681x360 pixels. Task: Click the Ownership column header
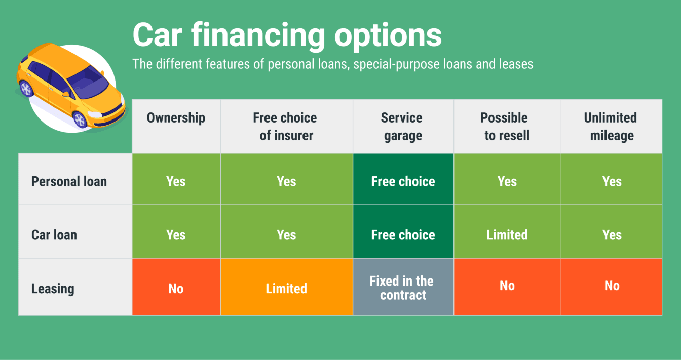point(176,118)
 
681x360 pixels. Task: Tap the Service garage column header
point(403,127)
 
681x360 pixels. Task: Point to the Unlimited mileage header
point(611,127)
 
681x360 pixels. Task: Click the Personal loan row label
point(69,181)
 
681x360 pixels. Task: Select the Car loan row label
point(54,235)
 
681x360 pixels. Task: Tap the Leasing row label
point(53,289)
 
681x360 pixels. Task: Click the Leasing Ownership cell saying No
point(176,288)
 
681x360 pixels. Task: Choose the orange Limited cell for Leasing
point(286,288)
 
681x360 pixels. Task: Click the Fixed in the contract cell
point(403,288)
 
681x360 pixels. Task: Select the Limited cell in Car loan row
point(507,235)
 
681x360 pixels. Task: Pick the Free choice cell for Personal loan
point(403,181)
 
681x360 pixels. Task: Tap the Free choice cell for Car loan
point(403,235)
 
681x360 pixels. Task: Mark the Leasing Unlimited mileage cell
point(611,286)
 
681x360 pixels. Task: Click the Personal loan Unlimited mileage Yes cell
point(611,181)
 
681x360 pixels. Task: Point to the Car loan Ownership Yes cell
point(176,235)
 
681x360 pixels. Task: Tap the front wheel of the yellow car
point(80,119)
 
